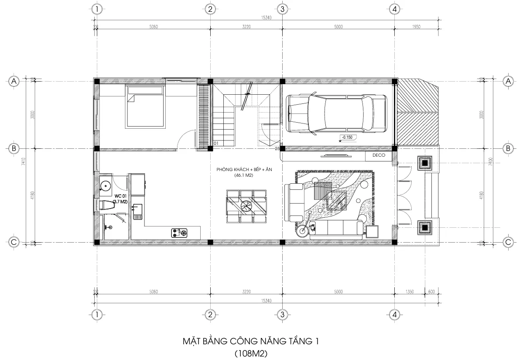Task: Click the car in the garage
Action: pyautogui.click(x=336, y=113)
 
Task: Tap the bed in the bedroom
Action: pyautogui.click(x=145, y=106)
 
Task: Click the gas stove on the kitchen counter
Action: pyautogui.click(x=179, y=233)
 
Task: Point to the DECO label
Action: pyautogui.click(x=379, y=155)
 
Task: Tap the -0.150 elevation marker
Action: pyautogui.click(x=347, y=137)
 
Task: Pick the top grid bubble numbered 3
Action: pyautogui.click(x=282, y=9)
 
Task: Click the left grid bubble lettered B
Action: pyautogui.click(x=14, y=148)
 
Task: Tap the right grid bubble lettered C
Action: pyautogui.click(x=508, y=242)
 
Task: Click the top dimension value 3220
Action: pyautogui.click(x=246, y=27)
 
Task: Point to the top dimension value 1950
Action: pyautogui.click(x=416, y=27)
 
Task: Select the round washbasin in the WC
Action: pyautogui.click(x=105, y=187)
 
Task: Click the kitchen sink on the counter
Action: pyautogui.click(x=137, y=210)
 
